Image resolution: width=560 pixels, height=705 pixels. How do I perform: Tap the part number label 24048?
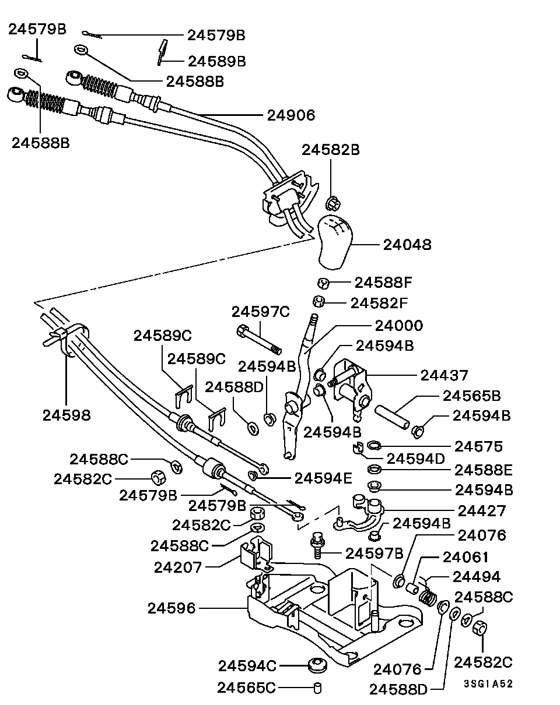pos(407,245)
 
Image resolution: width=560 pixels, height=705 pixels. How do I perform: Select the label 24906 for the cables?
pos(290,115)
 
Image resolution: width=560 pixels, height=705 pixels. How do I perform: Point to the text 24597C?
pos(260,312)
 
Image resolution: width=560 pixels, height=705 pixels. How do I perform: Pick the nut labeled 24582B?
pos(332,203)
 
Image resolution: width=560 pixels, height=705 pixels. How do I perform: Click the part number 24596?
pos(171,608)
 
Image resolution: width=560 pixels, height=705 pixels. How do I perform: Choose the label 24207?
pos(178,566)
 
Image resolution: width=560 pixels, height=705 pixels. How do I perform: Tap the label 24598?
pos(66,415)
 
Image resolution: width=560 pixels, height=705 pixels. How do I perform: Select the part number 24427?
pos(482,510)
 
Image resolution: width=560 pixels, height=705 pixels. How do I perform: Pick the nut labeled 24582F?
pos(318,302)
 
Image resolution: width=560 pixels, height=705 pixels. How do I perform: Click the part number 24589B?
pos(216,60)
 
